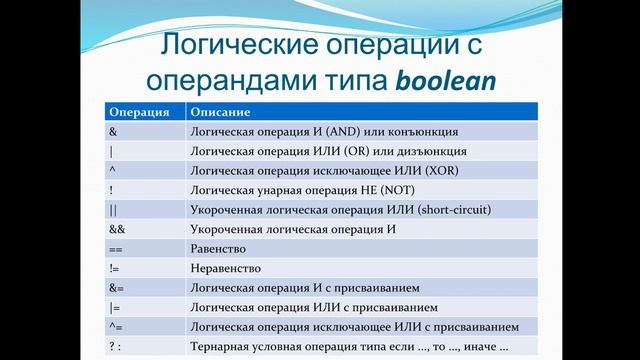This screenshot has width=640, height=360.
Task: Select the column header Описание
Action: [221, 112]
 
